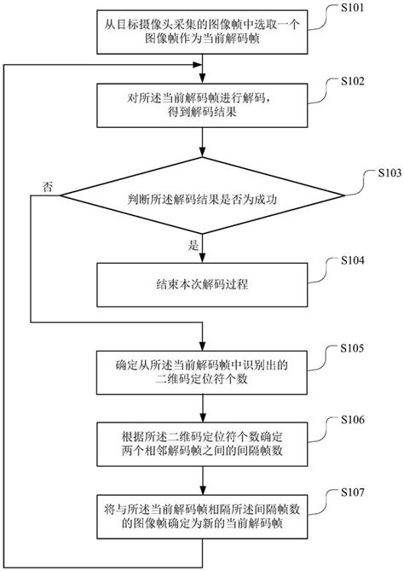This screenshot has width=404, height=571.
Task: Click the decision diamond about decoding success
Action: (x=202, y=201)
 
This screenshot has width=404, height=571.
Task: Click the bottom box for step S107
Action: (x=202, y=515)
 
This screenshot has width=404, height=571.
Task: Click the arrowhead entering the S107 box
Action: (x=202, y=490)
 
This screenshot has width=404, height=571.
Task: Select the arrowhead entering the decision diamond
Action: (x=202, y=160)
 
